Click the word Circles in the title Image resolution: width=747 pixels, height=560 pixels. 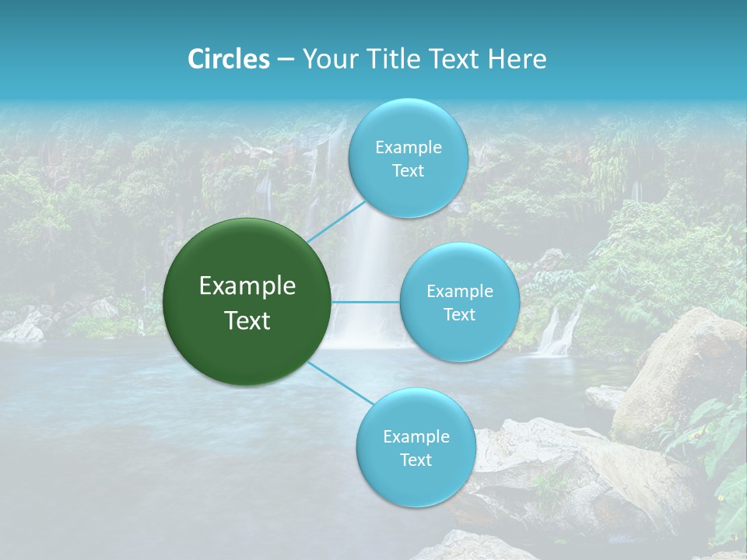(x=228, y=59)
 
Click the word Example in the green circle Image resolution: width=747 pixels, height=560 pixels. (x=247, y=286)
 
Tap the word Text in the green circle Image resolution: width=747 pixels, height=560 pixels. (x=247, y=320)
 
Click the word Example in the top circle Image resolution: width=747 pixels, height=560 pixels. (x=408, y=147)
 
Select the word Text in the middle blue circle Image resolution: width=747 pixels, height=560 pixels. (x=459, y=314)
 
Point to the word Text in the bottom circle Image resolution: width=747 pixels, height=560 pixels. (x=416, y=460)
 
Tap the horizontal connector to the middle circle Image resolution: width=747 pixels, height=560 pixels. (x=366, y=302)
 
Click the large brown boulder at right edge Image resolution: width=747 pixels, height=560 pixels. (x=685, y=366)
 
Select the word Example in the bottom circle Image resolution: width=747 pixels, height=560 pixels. (x=416, y=436)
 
